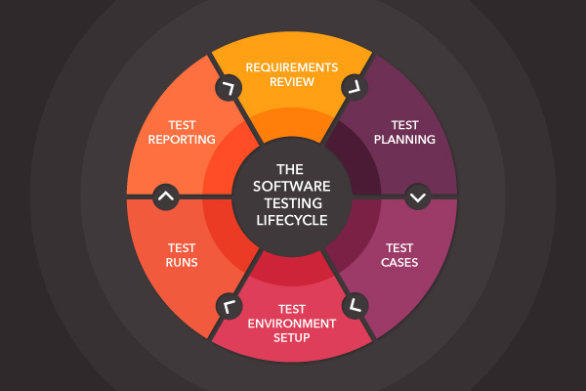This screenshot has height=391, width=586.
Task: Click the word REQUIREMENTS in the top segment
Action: click(x=292, y=67)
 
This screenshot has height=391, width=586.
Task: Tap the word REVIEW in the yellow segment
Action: click(x=292, y=82)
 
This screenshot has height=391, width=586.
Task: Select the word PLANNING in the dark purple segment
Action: click(x=404, y=140)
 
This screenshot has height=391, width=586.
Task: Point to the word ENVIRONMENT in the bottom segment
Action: click(x=292, y=323)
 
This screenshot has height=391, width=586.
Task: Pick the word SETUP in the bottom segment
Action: click(x=292, y=337)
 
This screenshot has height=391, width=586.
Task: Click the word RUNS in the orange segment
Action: click(x=182, y=263)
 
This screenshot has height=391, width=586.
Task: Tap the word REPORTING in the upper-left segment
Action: click(x=182, y=140)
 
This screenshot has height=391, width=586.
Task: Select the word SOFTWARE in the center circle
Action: click(x=292, y=186)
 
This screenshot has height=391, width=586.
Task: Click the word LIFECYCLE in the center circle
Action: click(x=292, y=220)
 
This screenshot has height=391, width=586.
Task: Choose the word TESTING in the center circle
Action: click(x=292, y=203)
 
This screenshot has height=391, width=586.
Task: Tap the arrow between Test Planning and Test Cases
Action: click(x=419, y=196)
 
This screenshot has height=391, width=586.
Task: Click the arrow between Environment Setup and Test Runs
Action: click(x=229, y=306)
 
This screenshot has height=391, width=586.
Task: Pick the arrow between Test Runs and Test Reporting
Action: click(x=166, y=196)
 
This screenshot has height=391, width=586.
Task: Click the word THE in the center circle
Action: click(x=292, y=169)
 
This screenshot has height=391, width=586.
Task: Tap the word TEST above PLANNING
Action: click(x=404, y=125)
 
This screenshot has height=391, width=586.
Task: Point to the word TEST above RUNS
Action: click(x=182, y=248)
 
